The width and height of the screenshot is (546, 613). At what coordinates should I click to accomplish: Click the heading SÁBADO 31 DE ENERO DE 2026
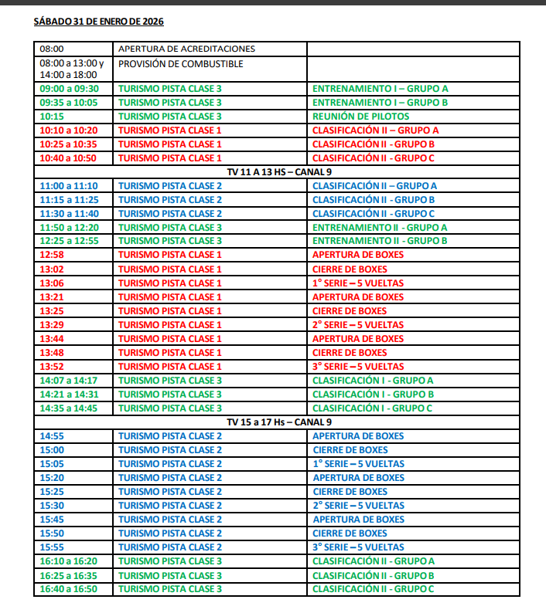click(98, 22)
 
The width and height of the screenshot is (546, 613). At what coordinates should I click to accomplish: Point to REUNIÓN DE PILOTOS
click(361, 117)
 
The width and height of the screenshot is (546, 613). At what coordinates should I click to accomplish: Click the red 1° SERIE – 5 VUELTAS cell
click(358, 283)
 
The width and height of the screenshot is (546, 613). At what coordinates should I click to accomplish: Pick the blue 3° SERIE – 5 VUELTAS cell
click(358, 547)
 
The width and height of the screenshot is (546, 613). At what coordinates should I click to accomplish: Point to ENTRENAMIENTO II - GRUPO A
click(380, 228)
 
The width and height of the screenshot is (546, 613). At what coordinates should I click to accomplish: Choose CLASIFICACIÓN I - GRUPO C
click(372, 408)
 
